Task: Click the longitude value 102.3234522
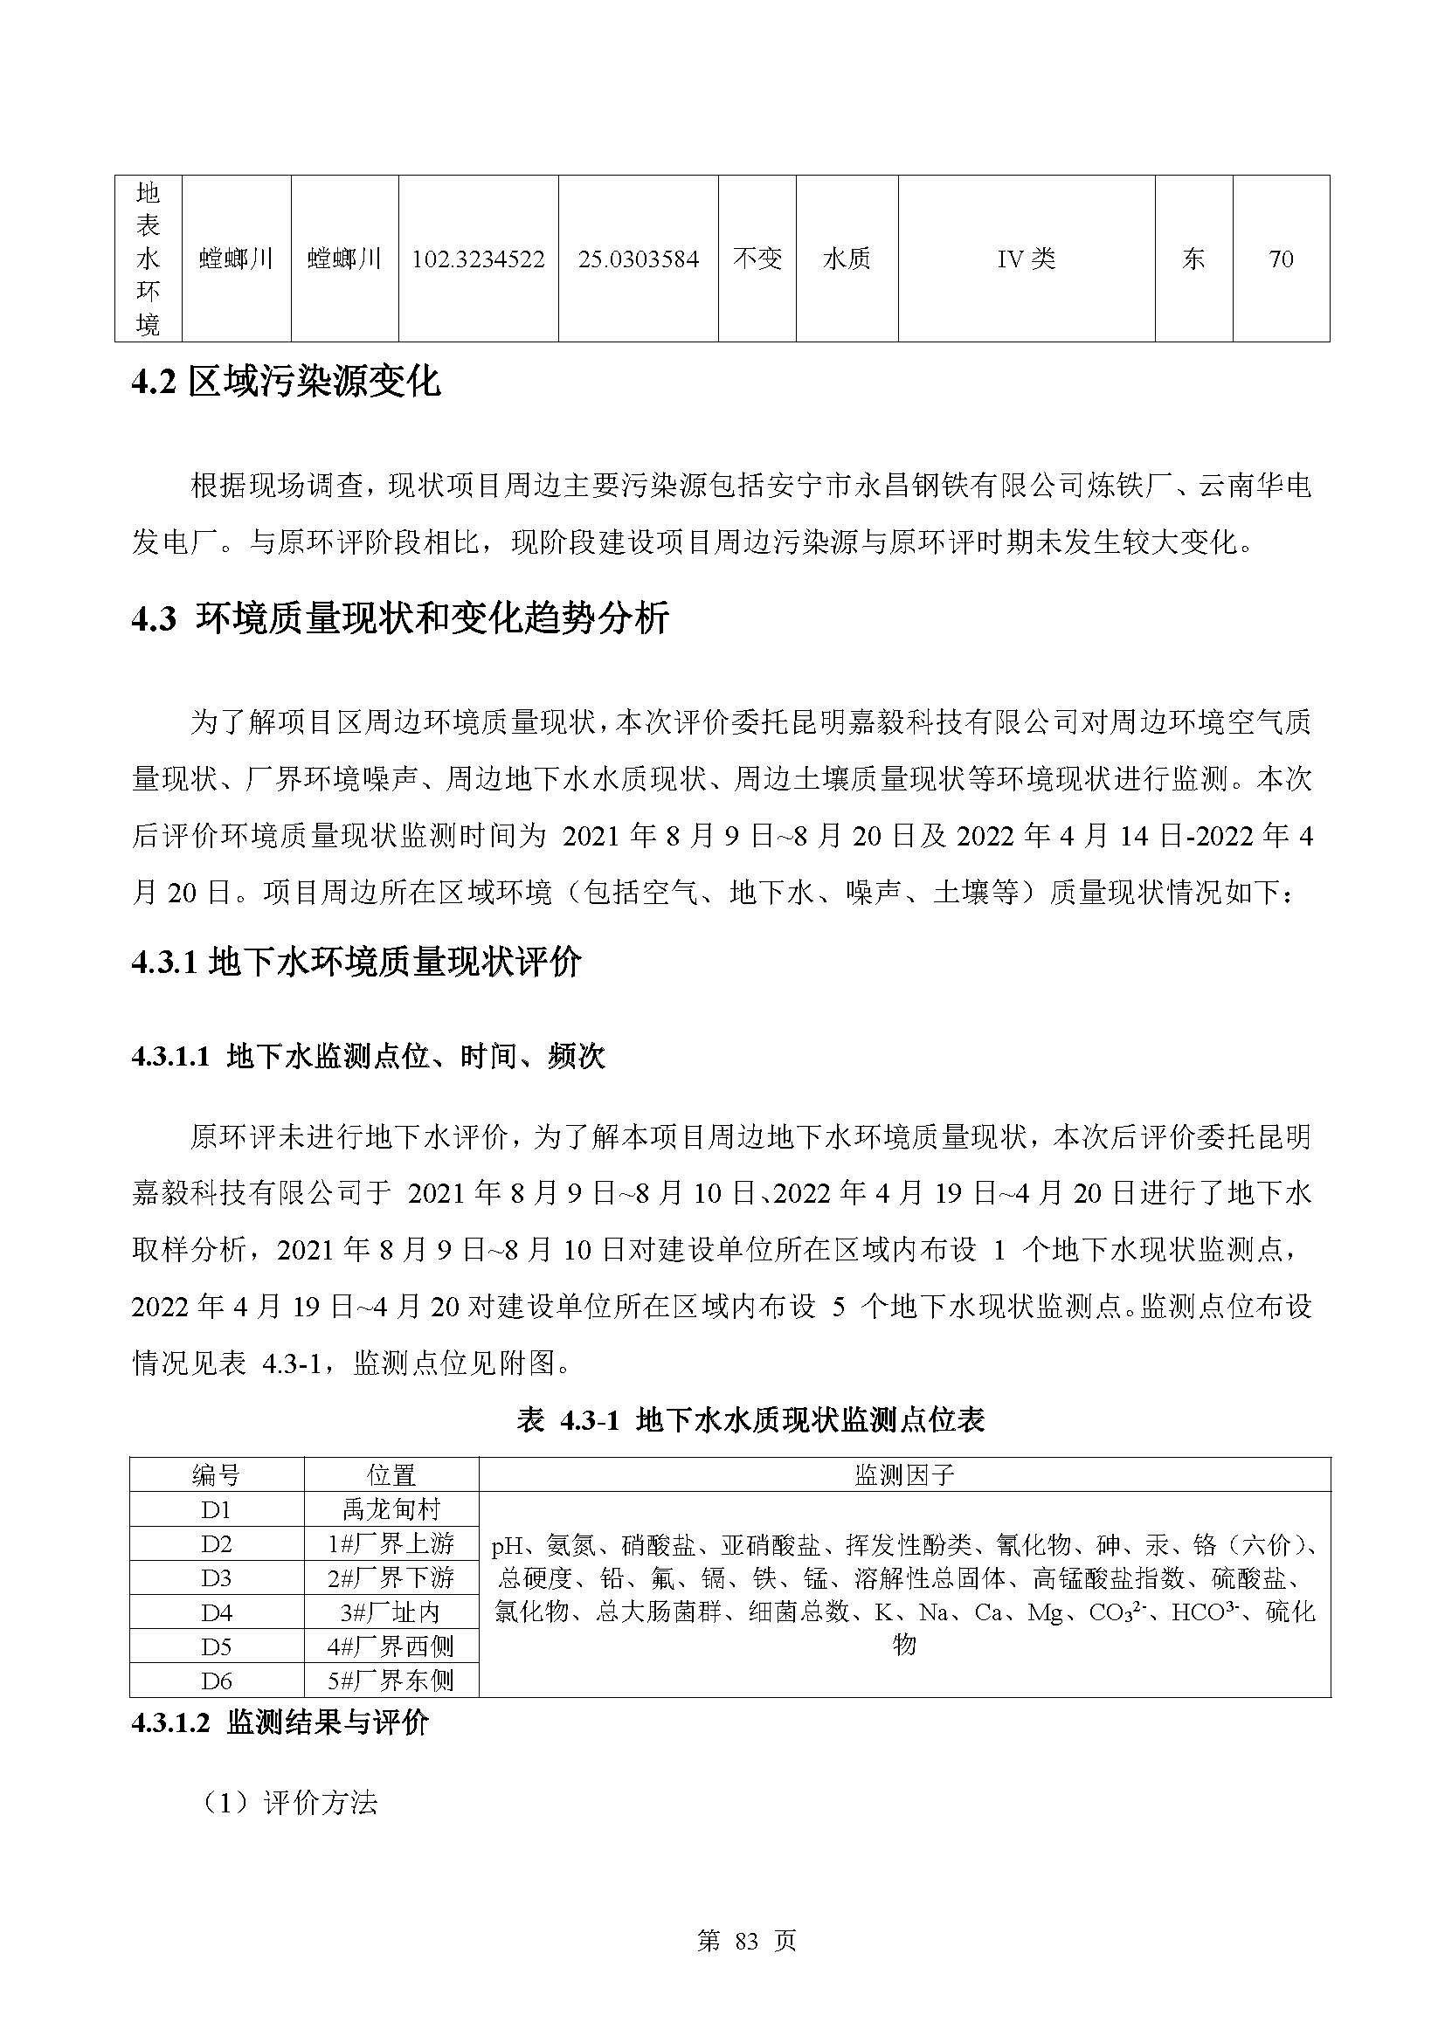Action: point(478,259)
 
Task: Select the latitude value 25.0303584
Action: point(638,259)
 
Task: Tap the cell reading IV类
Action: point(1026,259)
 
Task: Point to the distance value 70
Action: point(1281,259)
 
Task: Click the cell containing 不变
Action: point(757,259)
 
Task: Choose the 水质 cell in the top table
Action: point(847,259)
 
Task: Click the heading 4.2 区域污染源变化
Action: point(286,382)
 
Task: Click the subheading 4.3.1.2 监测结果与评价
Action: point(280,1722)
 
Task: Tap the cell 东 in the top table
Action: point(1193,259)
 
